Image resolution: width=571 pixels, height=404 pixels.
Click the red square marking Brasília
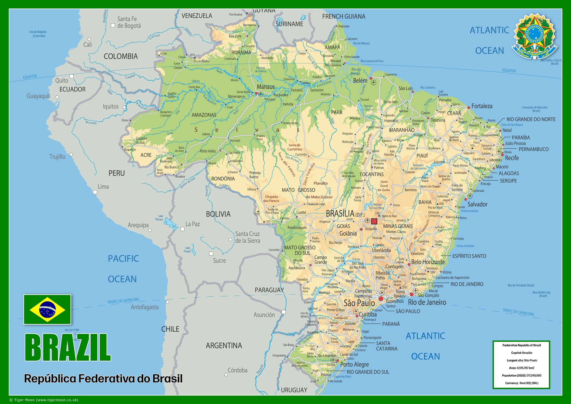click(x=374, y=221)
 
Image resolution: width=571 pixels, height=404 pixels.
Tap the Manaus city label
click(x=266, y=87)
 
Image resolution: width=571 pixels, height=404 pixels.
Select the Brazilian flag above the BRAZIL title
click(x=47, y=309)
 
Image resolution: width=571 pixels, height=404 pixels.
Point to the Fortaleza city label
click(x=482, y=106)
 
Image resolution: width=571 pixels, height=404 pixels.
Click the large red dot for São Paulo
click(x=381, y=299)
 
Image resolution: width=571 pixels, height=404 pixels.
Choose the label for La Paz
click(x=193, y=224)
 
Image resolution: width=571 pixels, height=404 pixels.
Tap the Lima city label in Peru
click(x=103, y=187)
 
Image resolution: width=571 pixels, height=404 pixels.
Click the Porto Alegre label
click(x=354, y=364)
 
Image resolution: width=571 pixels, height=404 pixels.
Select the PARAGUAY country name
click(x=269, y=290)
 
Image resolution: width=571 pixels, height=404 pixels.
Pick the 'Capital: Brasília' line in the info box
click(x=521, y=353)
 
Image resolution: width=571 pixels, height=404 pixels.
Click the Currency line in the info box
click(x=521, y=383)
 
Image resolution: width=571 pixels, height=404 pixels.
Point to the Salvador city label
click(x=477, y=204)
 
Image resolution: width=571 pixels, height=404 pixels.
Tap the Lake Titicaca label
click(x=159, y=218)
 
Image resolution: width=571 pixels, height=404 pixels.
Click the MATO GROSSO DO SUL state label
click(x=300, y=250)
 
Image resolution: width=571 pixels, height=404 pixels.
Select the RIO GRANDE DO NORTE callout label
click(x=531, y=119)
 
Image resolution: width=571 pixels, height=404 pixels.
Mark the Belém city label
click(x=360, y=81)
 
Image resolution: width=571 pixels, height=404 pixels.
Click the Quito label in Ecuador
click(x=62, y=80)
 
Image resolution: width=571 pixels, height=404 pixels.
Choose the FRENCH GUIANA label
click(x=344, y=17)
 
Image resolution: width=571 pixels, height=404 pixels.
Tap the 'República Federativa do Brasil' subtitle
click(x=103, y=379)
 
